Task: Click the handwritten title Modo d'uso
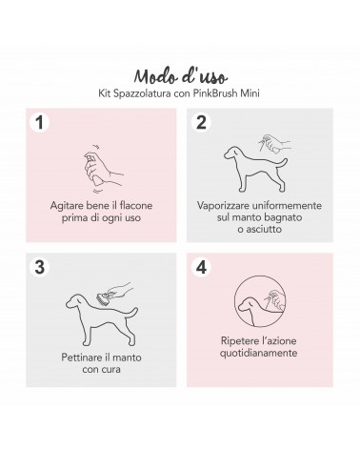[180, 76]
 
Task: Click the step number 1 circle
[39, 122]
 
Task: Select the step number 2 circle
[201, 122]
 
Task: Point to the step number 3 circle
[39, 267]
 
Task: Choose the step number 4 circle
[201, 267]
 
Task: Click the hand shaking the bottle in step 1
[102, 169]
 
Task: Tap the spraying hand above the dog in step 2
[274, 144]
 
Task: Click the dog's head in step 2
[233, 153]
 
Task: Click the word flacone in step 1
[136, 206]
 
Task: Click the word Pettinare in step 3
[81, 358]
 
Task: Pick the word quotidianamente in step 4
[258, 353]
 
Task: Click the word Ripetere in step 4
[240, 341]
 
